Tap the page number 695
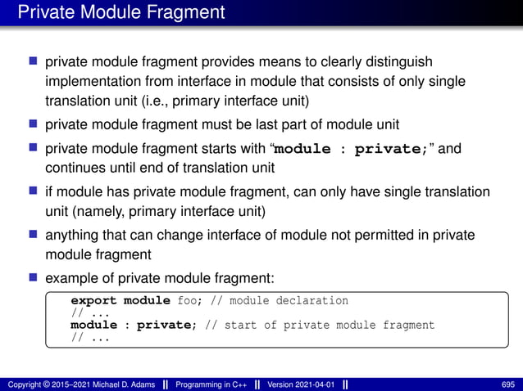click(507, 384)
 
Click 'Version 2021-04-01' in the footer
click(302, 384)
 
